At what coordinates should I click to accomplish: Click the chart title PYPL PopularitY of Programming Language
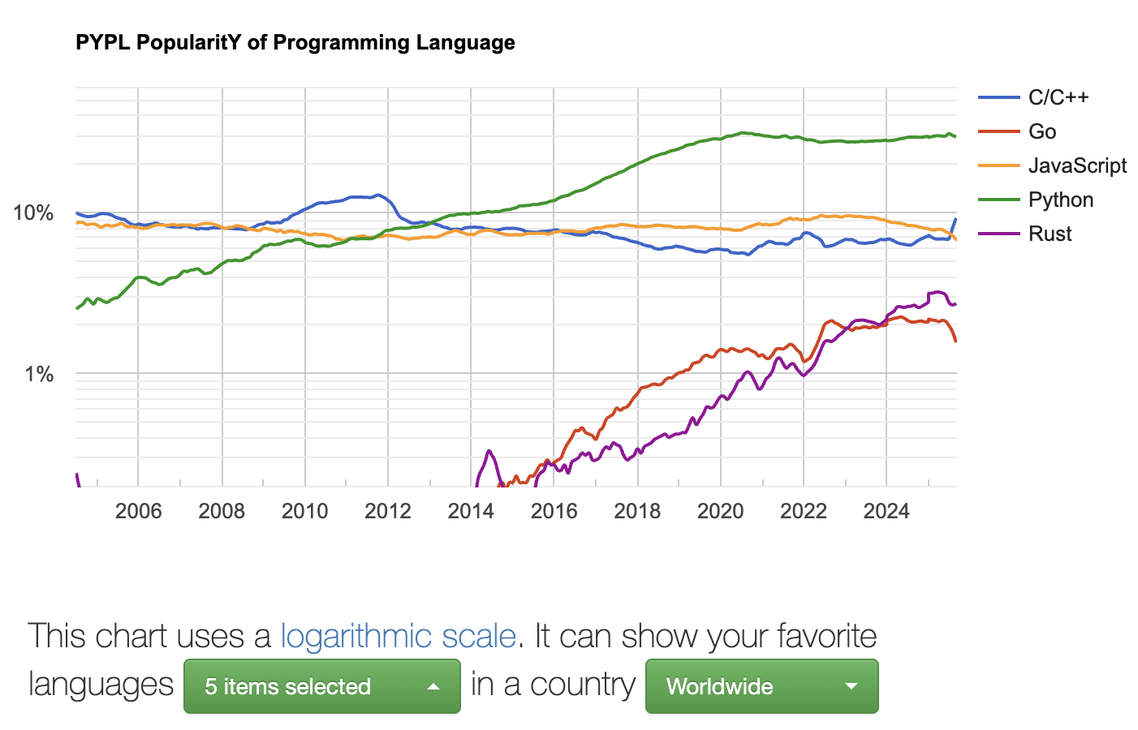click(x=295, y=43)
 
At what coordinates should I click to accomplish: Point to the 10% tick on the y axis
click(x=33, y=213)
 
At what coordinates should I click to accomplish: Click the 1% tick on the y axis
click(x=39, y=374)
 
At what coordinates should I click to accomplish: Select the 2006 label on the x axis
click(x=138, y=511)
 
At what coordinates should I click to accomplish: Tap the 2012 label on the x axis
click(x=388, y=511)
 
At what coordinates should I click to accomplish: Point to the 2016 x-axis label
click(x=554, y=511)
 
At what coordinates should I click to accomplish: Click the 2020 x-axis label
click(x=721, y=511)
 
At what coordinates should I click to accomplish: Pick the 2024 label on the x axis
click(x=886, y=511)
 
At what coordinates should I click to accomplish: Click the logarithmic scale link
click(x=398, y=637)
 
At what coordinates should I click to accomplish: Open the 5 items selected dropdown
click(x=321, y=686)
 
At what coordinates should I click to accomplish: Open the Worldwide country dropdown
click(x=761, y=686)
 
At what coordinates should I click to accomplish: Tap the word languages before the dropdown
click(x=101, y=685)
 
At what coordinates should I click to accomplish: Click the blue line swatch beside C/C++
click(x=998, y=97)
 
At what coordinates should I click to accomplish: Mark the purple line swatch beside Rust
click(x=998, y=234)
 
